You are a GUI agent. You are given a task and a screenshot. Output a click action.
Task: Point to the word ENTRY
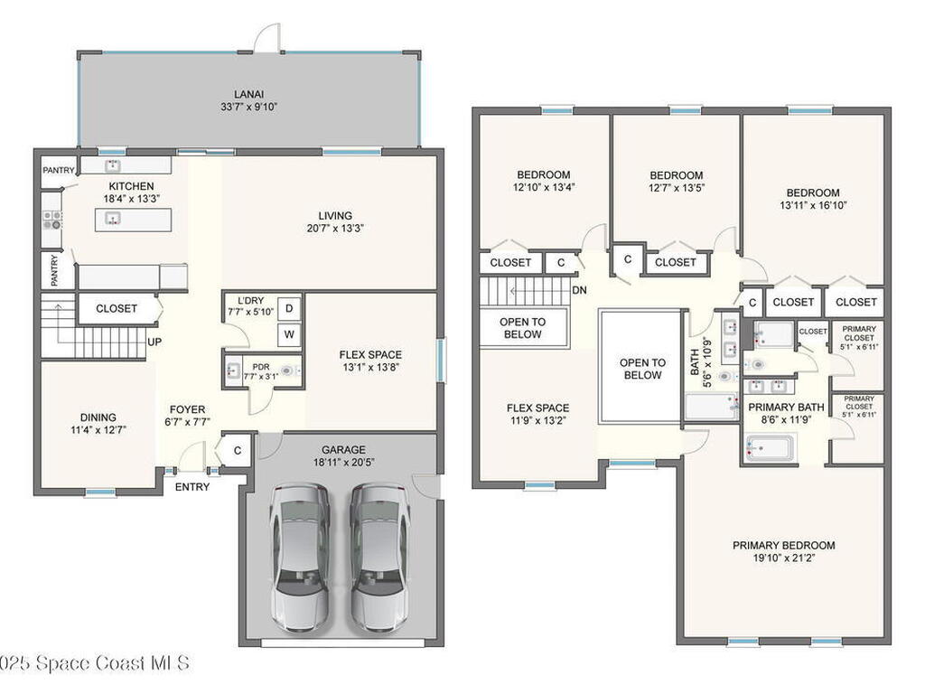[192, 487]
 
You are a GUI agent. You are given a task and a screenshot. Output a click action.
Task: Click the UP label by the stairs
[155, 342]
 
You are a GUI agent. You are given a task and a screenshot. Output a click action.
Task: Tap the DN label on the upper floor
[581, 290]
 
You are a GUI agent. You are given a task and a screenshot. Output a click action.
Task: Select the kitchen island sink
[113, 218]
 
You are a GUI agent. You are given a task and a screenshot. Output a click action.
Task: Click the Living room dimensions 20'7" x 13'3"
[334, 229]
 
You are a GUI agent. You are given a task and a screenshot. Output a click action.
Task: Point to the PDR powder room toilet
[287, 370]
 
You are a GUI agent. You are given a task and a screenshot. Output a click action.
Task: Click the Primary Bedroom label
[783, 545]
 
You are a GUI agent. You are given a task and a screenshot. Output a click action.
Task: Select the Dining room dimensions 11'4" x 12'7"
[98, 430]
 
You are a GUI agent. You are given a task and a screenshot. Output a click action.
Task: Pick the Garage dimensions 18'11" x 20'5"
[343, 463]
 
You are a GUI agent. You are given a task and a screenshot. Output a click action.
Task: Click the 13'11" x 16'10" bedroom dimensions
[812, 205]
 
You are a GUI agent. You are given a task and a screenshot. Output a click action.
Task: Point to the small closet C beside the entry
[237, 451]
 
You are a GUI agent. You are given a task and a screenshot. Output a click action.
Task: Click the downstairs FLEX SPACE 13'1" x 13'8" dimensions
[370, 368]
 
